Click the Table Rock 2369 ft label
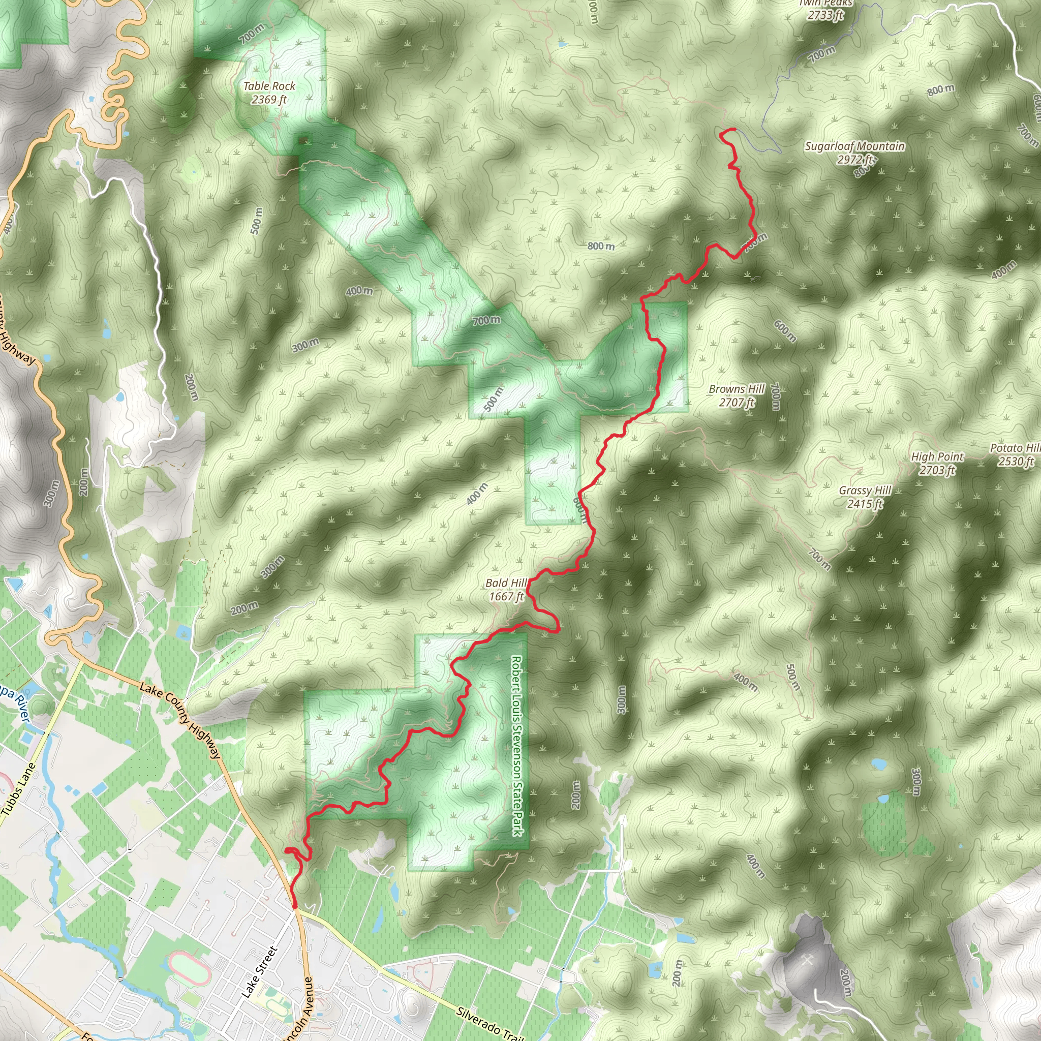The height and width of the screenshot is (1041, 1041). (x=269, y=93)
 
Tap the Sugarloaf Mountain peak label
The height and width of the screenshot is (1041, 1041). (x=854, y=152)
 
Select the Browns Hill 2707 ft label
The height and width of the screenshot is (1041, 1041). (x=737, y=395)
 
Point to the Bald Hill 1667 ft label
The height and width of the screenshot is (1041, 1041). (x=506, y=590)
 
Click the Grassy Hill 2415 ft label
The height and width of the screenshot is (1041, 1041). (x=865, y=497)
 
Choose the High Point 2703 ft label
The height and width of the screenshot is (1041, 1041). (x=937, y=463)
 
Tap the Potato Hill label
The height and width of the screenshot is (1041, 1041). (x=1016, y=455)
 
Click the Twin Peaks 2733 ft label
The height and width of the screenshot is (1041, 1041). (x=825, y=10)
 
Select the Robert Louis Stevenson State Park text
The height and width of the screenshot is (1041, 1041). (x=517, y=746)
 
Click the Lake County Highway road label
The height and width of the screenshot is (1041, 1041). (x=180, y=720)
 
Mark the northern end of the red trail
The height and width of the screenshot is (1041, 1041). (x=734, y=129)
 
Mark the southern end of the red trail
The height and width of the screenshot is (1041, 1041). (x=295, y=907)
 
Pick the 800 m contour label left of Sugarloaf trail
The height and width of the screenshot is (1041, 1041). (x=601, y=246)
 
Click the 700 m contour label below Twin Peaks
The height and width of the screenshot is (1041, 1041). (x=822, y=54)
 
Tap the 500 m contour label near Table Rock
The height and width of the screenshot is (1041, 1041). (x=257, y=221)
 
